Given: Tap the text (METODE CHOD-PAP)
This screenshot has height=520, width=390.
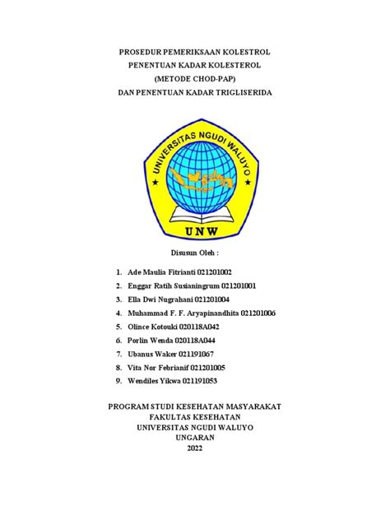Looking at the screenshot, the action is point(194,79).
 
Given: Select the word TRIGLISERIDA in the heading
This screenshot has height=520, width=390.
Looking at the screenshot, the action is point(241,93).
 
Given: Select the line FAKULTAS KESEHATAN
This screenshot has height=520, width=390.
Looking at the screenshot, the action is point(194,417).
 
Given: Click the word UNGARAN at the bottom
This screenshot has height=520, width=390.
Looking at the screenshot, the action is point(194,438).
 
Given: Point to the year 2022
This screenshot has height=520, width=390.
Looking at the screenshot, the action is point(194,448).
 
